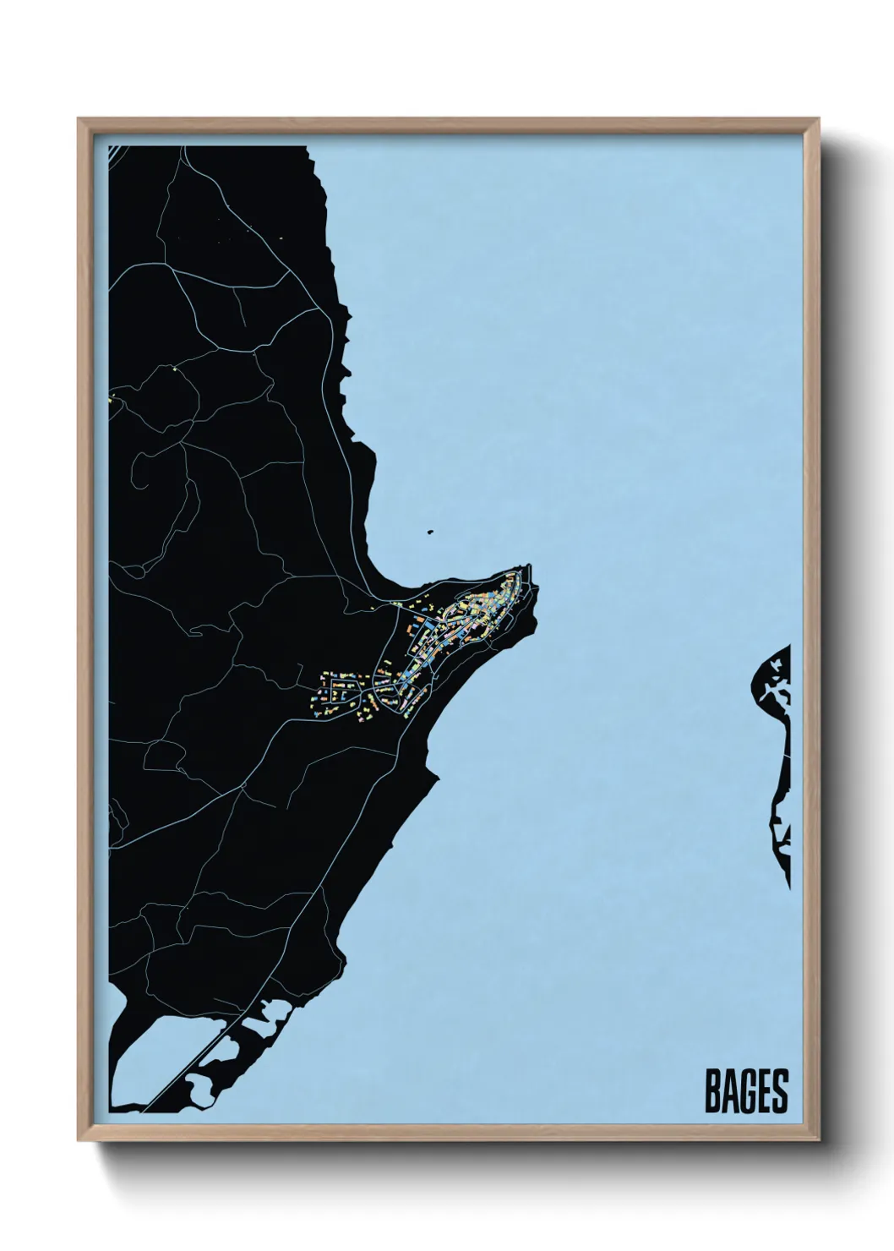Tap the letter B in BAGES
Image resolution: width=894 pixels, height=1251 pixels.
tap(712, 1091)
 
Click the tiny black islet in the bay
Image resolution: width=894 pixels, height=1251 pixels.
tap(430, 533)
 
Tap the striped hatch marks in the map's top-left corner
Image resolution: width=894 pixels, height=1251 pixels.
tap(110, 156)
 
